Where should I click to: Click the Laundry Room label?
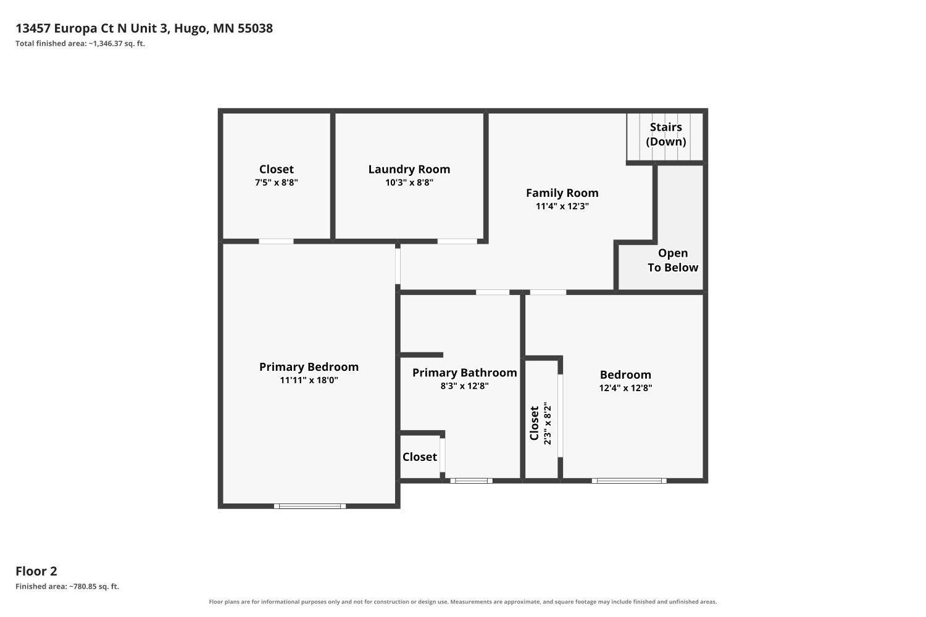click(409, 170)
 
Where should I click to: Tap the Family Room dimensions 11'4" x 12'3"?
click(562, 206)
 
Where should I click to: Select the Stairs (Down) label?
click(665, 135)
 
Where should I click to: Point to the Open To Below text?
click(673, 260)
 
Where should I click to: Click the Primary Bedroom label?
click(309, 367)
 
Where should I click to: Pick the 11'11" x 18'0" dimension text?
click(309, 380)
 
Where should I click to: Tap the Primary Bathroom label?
click(464, 373)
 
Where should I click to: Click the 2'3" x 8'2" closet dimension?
click(548, 423)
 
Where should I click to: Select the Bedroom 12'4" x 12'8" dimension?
click(625, 387)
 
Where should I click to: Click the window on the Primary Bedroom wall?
click(310, 506)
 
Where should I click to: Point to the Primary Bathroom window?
click(471, 481)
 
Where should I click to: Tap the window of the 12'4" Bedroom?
click(629, 481)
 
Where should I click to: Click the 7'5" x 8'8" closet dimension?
click(276, 183)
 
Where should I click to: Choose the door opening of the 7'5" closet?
click(276, 241)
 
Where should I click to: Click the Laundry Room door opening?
click(457, 241)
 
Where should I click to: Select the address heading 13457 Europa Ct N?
click(144, 28)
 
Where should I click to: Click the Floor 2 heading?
click(36, 571)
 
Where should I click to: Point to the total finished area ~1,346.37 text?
click(80, 43)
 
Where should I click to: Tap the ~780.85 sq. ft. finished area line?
click(67, 586)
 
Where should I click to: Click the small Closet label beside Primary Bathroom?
click(420, 457)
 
